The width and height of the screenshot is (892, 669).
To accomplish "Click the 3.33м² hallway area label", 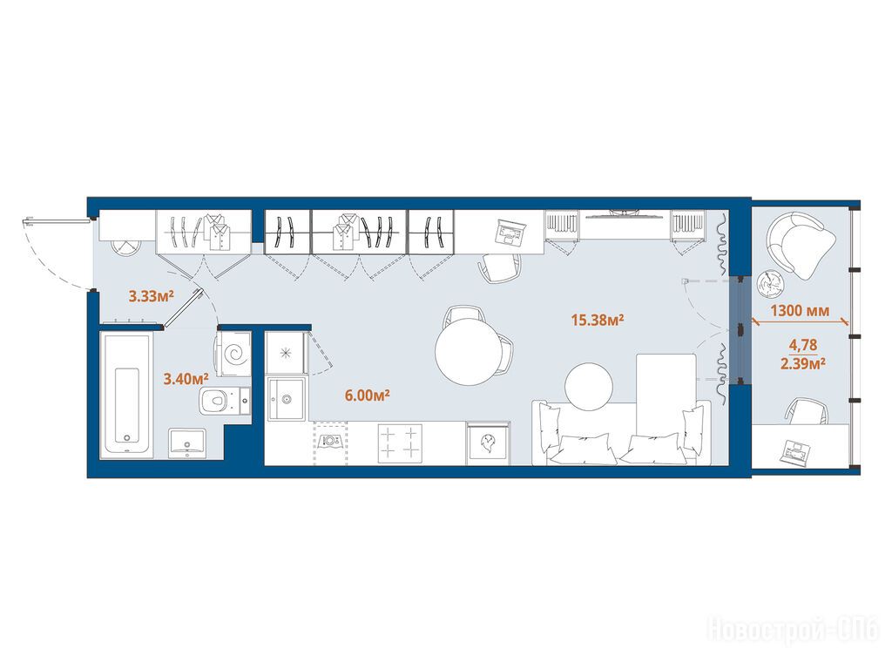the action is (x=151, y=296).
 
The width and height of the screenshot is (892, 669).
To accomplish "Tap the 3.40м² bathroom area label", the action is (x=186, y=378).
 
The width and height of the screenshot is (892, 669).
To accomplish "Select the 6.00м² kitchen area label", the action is (x=367, y=395).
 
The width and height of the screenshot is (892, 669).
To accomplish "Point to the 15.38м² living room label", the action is (x=598, y=321).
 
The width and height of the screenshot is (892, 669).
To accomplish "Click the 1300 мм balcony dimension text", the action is (x=800, y=311).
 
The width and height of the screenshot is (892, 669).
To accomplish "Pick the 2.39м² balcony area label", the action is (x=802, y=363).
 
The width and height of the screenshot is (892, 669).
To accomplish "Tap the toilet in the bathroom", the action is (x=225, y=401).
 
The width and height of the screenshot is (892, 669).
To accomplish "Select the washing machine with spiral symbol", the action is (x=233, y=355).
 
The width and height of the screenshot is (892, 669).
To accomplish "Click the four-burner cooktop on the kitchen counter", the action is (x=400, y=443).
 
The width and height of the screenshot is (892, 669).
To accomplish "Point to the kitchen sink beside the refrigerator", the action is (x=286, y=398).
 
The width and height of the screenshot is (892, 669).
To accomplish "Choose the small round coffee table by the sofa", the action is (x=589, y=387).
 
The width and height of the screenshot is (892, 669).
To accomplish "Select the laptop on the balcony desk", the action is (x=796, y=453).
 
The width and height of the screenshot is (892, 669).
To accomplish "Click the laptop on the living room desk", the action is (x=511, y=232).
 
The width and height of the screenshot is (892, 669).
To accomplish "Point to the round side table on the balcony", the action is (x=772, y=283).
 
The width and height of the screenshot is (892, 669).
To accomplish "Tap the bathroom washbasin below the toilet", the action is (x=186, y=443).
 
